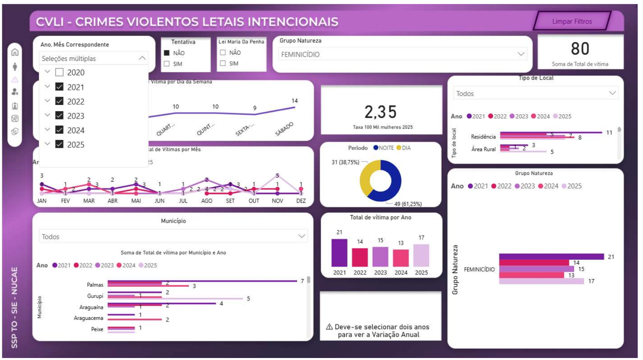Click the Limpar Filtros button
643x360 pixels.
tap(571, 21)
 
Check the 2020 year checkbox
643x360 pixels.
tap(59, 72)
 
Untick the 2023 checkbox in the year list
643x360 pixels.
tap(59, 116)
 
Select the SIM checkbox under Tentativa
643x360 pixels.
tap(167, 64)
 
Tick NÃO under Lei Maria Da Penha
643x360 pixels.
tap(223, 53)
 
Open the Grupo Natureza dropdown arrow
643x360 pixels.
tap(521, 54)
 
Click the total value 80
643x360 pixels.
tap(580, 49)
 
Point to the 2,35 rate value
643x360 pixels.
tap(380, 112)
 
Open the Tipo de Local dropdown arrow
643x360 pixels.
tap(612, 93)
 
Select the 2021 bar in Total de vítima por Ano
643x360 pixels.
tap(339, 253)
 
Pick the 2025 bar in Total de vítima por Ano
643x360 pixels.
tap(421, 255)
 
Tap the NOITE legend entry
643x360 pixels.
tap(383, 148)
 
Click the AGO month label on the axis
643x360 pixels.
tap(207, 201)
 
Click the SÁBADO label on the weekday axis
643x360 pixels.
tap(284, 129)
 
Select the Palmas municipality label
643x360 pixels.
tap(95, 285)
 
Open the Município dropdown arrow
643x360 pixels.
tap(301, 236)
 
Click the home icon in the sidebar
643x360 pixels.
tap(15, 52)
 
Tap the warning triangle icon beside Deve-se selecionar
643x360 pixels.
tap(329, 327)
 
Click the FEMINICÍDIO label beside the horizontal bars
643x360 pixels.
tap(479, 269)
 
